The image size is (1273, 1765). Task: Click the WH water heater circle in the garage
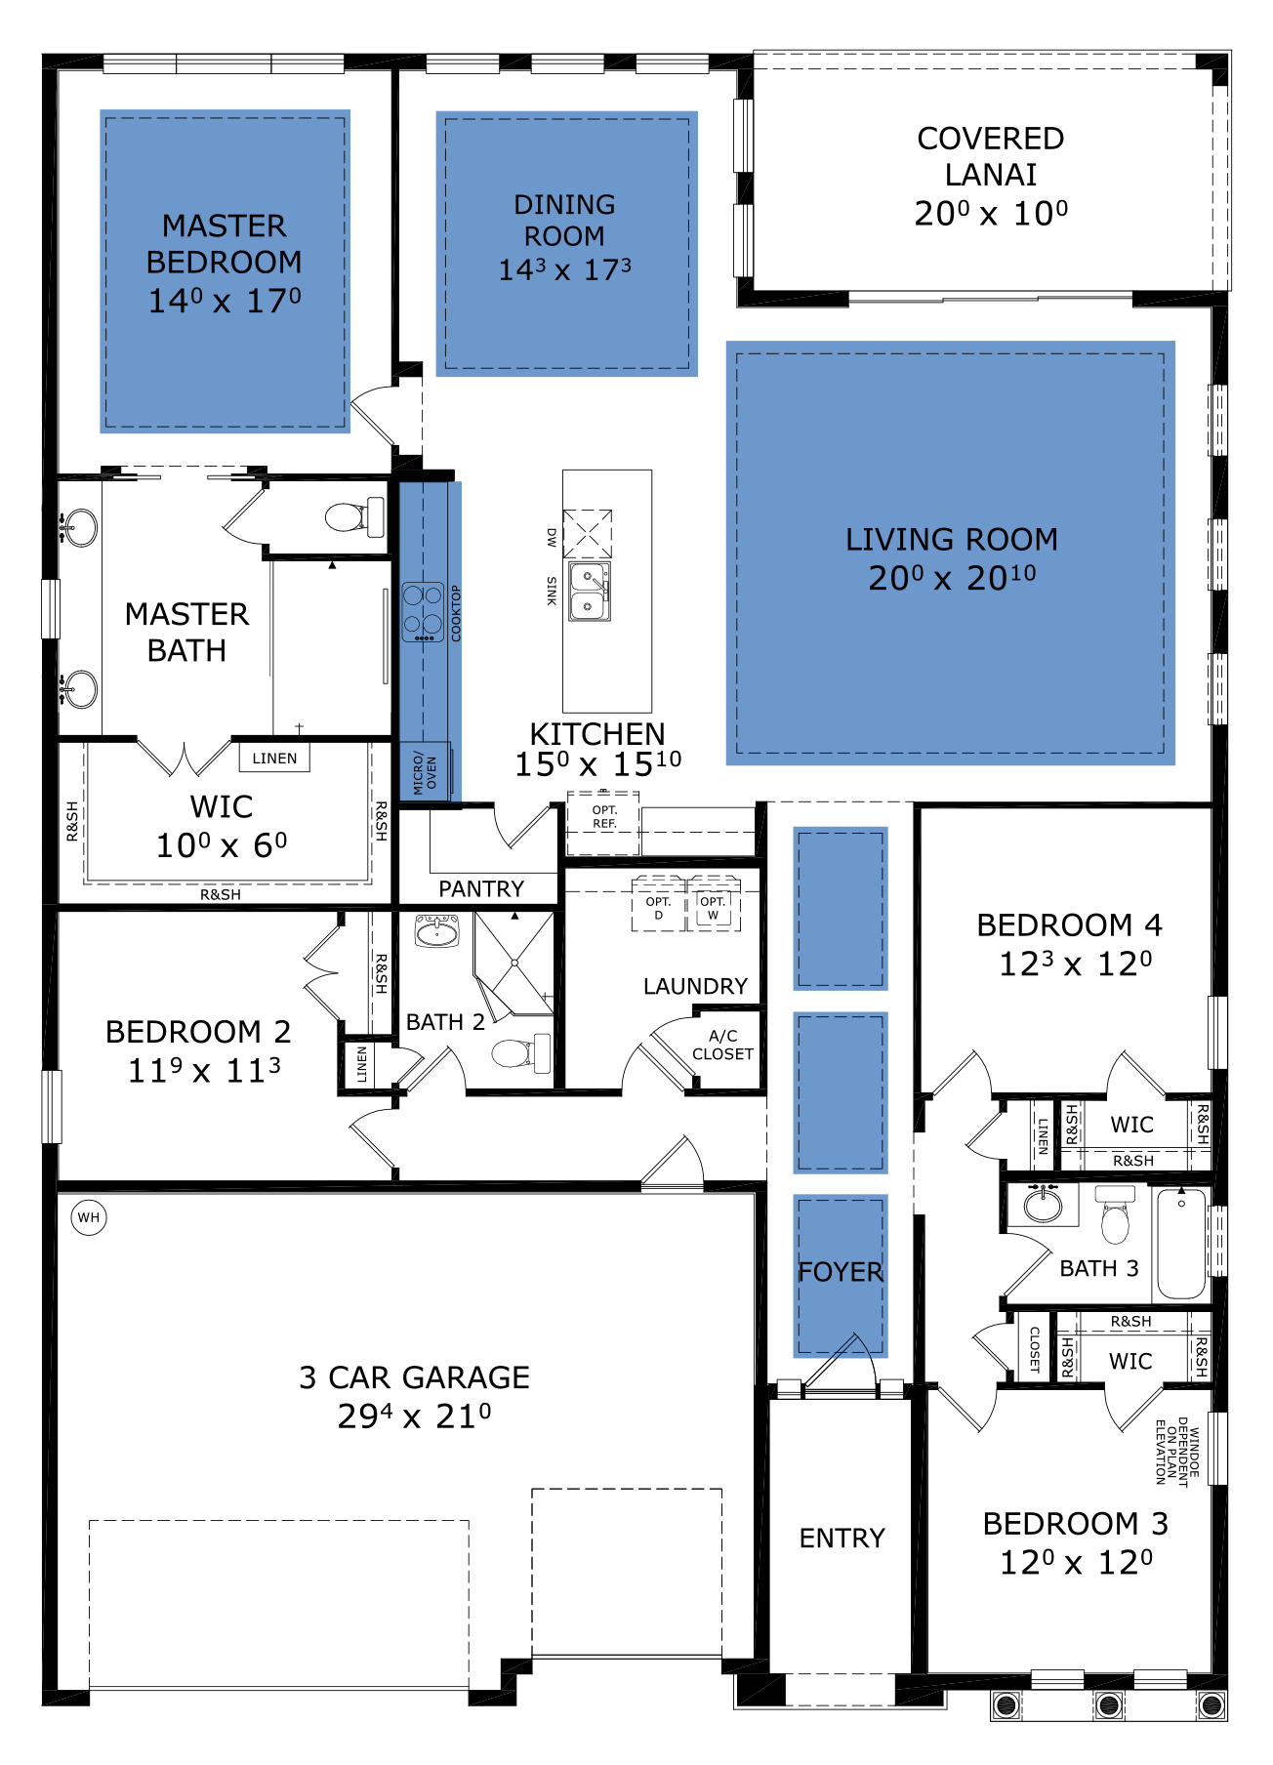click(89, 1217)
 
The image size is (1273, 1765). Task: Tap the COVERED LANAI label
click(991, 156)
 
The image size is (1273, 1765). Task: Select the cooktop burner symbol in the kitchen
click(423, 612)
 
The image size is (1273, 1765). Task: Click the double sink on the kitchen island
click(590, 592)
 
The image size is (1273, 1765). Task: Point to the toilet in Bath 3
click(1115, 1214)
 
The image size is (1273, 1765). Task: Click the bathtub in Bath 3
click(1181, 1243)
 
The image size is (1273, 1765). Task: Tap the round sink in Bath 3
click(1044, 1205)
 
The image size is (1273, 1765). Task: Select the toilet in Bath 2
click(520, 1053)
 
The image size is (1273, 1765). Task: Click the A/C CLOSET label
click(722, 1045)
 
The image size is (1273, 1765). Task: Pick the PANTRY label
click(481, 888)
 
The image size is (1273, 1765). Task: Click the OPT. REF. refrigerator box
click(603, 823)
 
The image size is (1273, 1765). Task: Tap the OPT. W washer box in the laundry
click(714, 905)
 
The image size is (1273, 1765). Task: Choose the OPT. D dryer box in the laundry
click(658, 905)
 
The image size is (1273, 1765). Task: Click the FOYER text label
click(841, 1272)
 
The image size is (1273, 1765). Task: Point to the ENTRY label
click(842, 1539)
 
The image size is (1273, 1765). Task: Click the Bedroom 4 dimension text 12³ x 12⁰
click(1075, 964)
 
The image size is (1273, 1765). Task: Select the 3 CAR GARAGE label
click(414, 1376)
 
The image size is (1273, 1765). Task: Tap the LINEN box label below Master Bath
click(274, 759)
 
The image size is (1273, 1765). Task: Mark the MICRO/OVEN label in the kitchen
click(426, 773)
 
